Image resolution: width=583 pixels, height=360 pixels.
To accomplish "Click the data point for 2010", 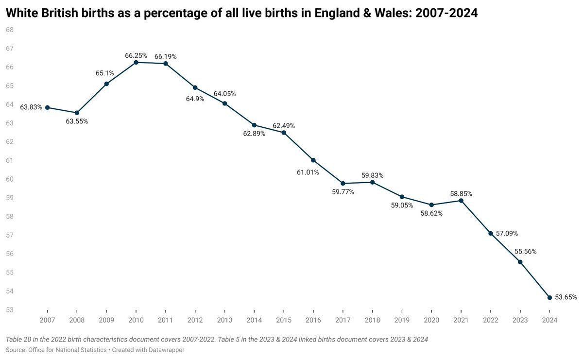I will [136, 62].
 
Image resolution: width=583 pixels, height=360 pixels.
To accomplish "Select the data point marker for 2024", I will [549, 297].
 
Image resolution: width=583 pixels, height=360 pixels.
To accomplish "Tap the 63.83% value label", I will [31, 107].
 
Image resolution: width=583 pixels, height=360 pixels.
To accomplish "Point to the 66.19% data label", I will [166, 56].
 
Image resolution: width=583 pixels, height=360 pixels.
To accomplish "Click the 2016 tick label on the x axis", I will [313, 320].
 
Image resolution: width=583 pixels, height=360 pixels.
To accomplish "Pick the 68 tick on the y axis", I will [9, 30].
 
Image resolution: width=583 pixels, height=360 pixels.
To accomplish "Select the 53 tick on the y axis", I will [9, 310].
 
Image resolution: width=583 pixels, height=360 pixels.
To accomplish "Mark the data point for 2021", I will [461, 200].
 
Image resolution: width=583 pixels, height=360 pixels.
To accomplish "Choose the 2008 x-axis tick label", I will [77, 320].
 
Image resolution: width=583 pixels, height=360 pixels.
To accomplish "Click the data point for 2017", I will [343, 183].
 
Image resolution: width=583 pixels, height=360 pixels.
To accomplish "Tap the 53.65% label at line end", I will [566, 297].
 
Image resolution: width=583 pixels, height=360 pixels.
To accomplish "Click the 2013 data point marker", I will [224, 103].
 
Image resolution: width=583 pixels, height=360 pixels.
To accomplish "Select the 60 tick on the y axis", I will [9, 179].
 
